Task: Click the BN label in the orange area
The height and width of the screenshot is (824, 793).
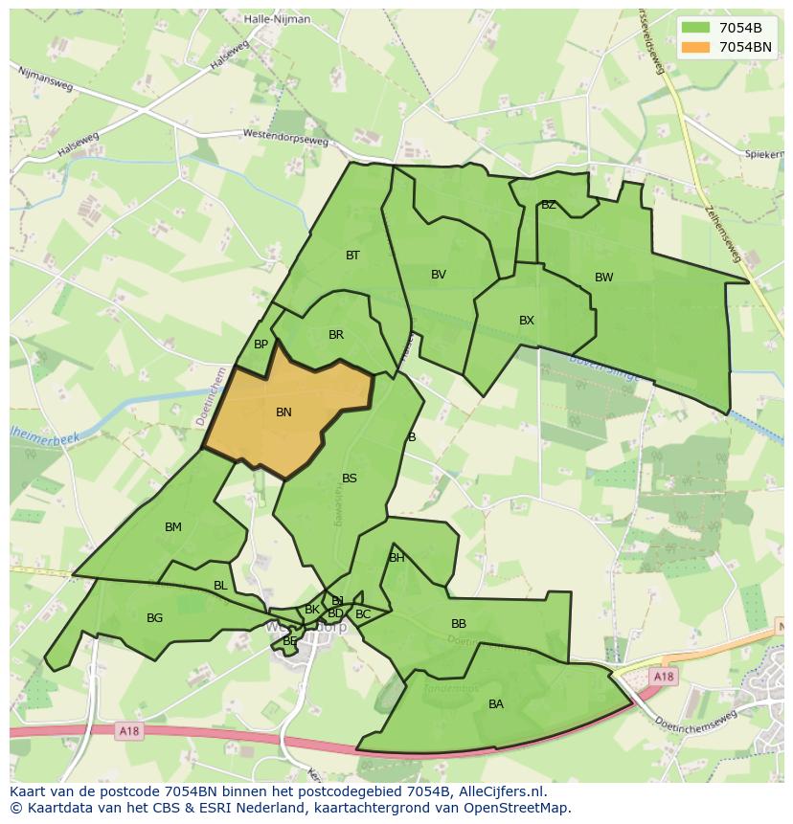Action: tap(283, 412)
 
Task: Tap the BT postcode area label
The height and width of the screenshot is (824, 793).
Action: tap(352, 256)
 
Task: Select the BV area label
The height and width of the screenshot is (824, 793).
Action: tap(439, 275)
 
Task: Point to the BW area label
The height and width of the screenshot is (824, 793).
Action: tap(603, 278)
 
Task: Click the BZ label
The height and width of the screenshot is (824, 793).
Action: tap(549, 205)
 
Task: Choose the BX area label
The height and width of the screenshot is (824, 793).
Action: tap(527, 321)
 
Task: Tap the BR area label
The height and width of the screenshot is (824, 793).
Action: tap(336, 335)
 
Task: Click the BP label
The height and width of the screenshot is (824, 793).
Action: tap(261, 345)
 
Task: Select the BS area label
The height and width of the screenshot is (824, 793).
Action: tap(350, 479)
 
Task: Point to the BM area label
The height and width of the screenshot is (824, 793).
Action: tap(173, 527)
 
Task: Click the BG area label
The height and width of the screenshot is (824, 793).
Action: tap(155, 618)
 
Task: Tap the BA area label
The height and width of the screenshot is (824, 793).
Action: tap(496, 704)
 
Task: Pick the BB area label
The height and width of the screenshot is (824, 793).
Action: tap(459, 624)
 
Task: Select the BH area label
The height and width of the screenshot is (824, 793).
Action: tap(396, 558)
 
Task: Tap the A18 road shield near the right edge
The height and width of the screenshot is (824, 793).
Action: tap(664, 677)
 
